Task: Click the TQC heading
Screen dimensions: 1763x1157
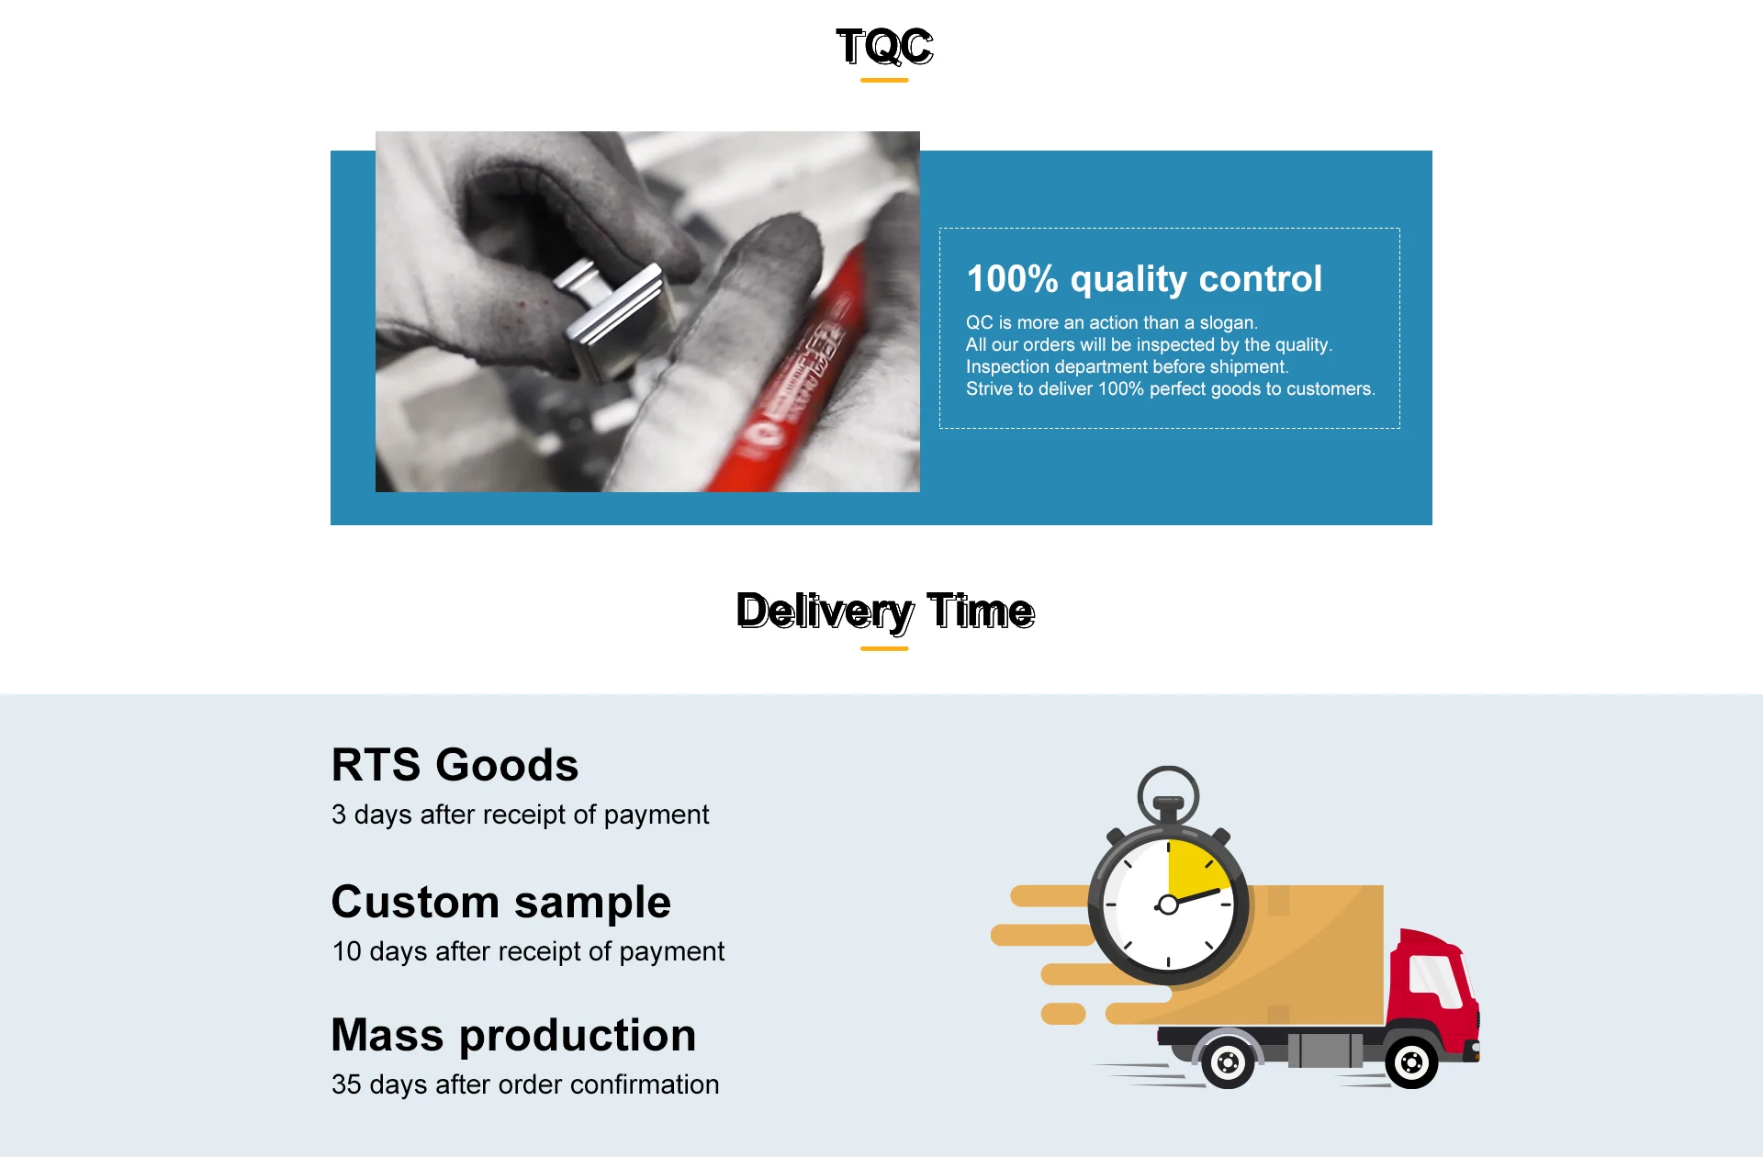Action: [885, 46]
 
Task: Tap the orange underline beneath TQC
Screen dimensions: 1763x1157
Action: [884, 81]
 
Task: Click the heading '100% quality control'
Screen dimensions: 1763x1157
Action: [1144, 279]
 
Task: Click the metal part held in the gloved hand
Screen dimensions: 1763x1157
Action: [615, 317]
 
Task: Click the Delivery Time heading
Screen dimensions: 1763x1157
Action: [885, 612]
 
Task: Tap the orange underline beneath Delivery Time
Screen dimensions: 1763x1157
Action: [884, 649]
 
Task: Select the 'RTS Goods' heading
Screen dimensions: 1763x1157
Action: [455, 765]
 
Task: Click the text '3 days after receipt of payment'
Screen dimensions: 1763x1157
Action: [521, 814]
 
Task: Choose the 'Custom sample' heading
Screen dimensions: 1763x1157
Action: [501, 902]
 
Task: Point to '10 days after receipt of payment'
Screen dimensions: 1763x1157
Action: [528, 951]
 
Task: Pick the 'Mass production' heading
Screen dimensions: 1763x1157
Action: [513, 1035]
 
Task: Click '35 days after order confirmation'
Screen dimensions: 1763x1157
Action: [525, 1084]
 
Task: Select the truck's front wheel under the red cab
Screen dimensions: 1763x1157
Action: [1411, 1062]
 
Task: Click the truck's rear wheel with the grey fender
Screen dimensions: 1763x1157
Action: [1228, 1063]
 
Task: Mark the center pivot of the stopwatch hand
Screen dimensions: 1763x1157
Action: [1168, 905]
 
